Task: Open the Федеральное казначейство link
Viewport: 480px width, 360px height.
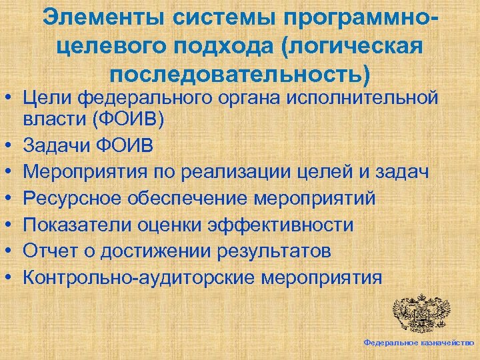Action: pos(419,342)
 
